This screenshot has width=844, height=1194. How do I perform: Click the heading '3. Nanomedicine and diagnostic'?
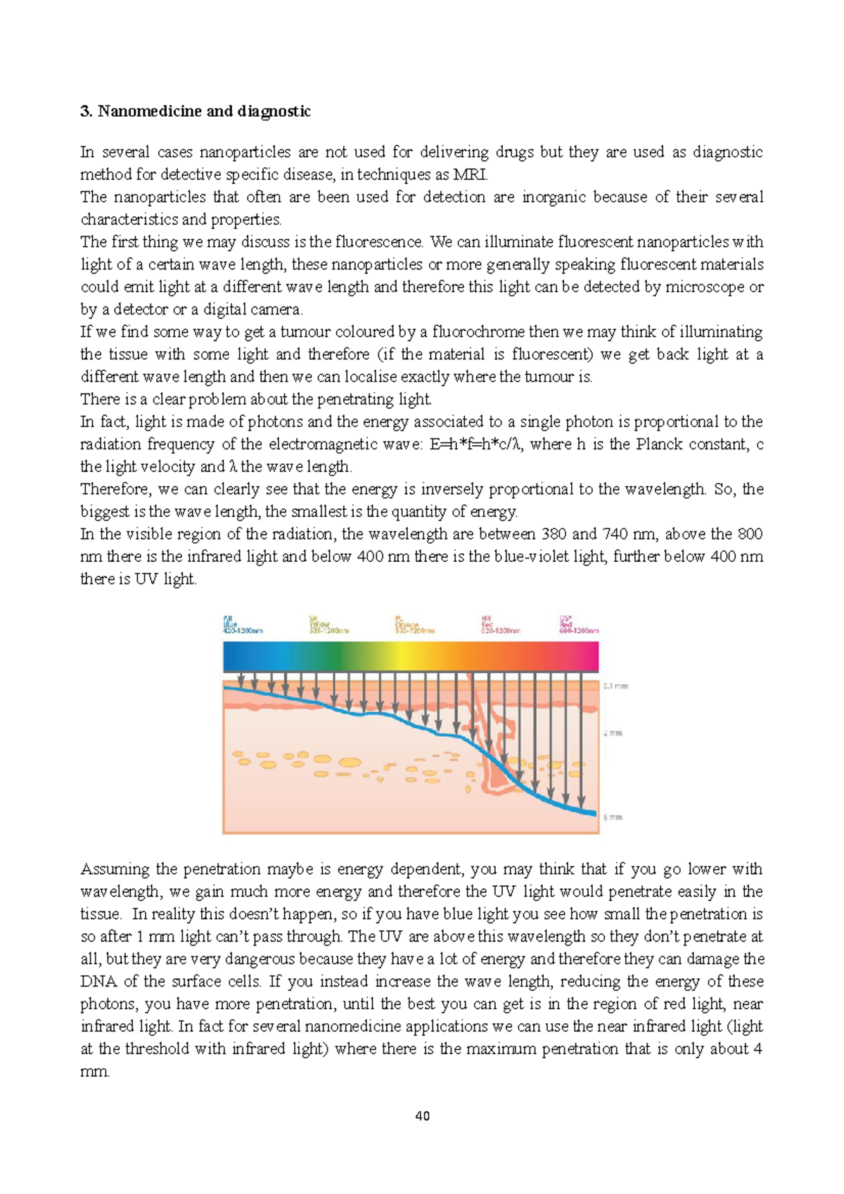click(196, 111)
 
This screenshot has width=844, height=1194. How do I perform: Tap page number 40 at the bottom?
click(423, 1116)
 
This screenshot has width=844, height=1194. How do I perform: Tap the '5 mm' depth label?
click(613, 817)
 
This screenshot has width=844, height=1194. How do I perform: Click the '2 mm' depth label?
click(613, 733)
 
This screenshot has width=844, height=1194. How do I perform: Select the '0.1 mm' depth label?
click(615, 686)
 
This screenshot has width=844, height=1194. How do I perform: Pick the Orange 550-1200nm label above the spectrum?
click(414, 625)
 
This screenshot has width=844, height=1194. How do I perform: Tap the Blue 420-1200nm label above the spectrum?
click(242, 625)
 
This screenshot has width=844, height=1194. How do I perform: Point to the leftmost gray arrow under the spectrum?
click(241, 681)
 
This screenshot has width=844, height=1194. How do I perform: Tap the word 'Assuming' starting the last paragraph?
click(114, 869)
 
